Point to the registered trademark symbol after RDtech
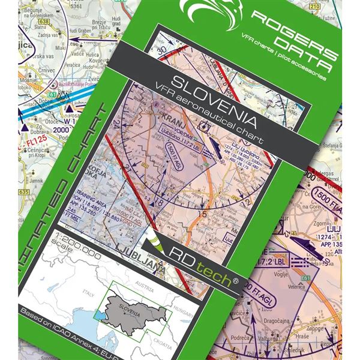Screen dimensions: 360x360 pyautogui.click(x=235, y=280)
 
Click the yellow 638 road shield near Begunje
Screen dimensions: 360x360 pyautogui.click(x=41, y=21)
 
